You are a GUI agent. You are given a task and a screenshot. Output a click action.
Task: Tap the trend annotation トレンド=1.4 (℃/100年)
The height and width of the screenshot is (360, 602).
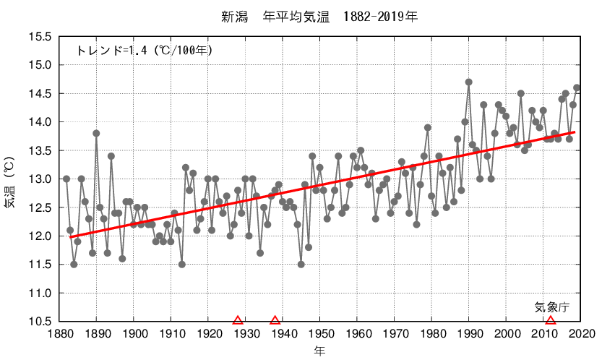click(144, 51)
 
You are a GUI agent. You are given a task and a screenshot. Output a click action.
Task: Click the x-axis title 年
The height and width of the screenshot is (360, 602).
click(319, 351)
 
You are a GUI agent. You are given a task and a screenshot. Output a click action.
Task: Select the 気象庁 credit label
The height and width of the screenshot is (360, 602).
click(552, 307)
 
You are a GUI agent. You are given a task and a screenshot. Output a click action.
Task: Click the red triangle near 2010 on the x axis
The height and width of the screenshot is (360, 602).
click(551, 320)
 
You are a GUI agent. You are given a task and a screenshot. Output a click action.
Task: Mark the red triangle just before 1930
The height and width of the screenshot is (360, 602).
click(238, 320)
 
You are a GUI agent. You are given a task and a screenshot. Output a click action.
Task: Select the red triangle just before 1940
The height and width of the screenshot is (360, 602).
click(275, 320)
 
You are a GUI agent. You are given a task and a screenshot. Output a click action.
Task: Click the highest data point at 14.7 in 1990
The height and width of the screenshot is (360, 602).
click(469, 82)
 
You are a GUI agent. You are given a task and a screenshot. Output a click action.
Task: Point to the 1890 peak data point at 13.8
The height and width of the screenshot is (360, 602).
click(96, 133)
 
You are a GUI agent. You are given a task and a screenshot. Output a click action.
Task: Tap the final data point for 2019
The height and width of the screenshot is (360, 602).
click(577, 88)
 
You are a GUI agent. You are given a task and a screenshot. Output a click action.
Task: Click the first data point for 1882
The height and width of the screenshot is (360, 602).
click(66, 179)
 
